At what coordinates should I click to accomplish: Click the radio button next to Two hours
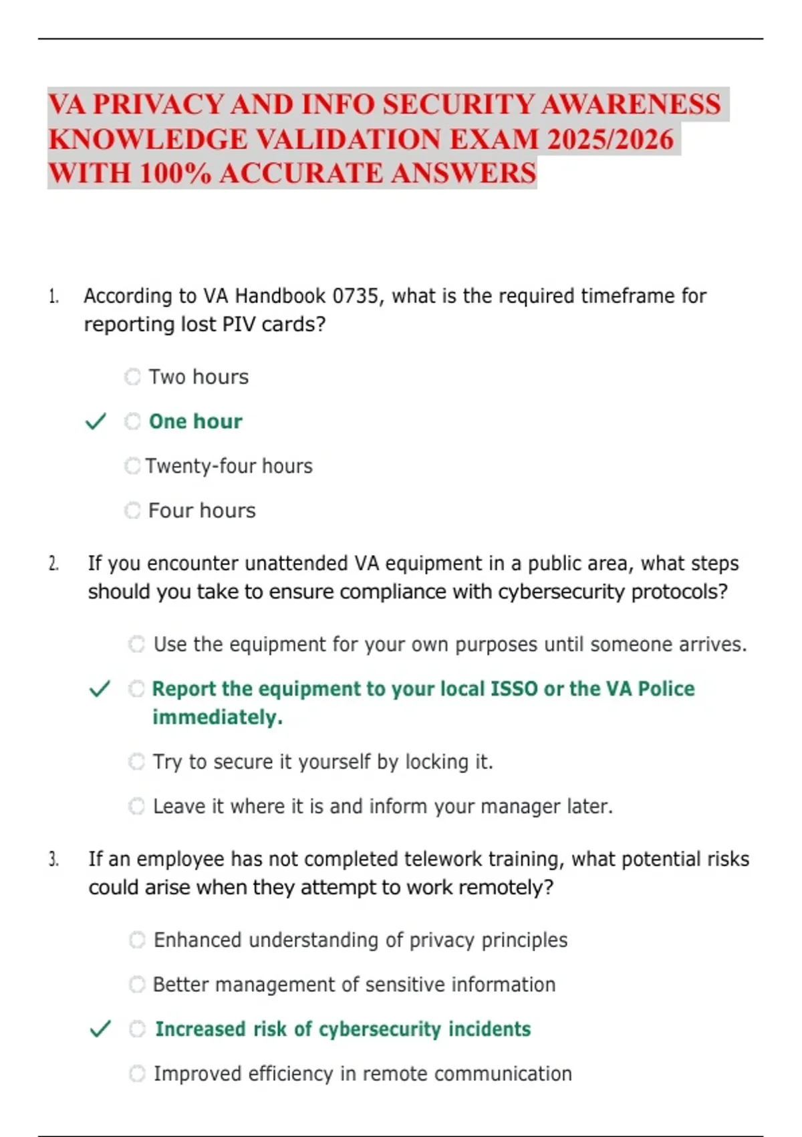click(x=132, y=377)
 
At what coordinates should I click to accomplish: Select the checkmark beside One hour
click(x=96, y=421)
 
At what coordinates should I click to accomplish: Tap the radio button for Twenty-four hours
click(x=132, y=466)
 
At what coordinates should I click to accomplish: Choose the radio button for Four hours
click(x=132, y=510)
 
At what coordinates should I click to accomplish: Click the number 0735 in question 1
click(x=355, y=296)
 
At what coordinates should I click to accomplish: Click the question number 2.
click(x=53, y=564)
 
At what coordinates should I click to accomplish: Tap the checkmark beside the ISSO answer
click(x=100, y=689)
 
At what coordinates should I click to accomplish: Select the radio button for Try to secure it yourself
click(x=136, y=762)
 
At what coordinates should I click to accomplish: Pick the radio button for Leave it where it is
click(x=136, y=806)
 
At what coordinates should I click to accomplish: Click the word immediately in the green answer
click(x=217, y=718)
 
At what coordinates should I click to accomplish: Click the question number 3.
click(x=53, y=859)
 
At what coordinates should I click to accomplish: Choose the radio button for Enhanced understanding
click(x=137, y=940)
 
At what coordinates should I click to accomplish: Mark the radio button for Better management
click(x=137, y=985)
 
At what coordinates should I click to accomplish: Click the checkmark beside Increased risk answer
click(x=100, y=1029)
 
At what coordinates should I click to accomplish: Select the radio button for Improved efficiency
click(x=137, y=1073)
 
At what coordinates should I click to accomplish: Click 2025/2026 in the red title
click(x=610, y=139)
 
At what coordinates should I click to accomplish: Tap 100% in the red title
click(x=175, y=173)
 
